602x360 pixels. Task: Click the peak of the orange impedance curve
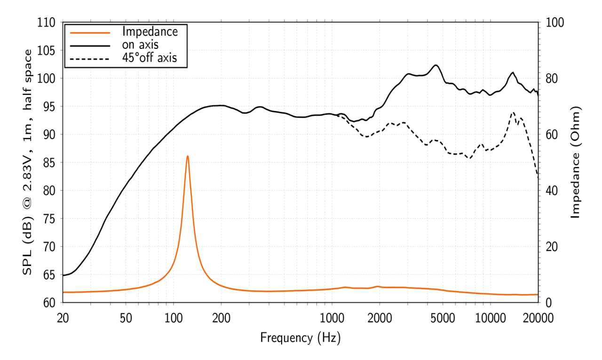[x=188, y=156]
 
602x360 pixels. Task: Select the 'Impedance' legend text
[x=150, y=32]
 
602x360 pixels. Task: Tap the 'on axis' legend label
[x=140, y=45]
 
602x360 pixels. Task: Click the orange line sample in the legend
[x=90, y=32]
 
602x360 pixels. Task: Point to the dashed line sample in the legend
[x=90, y=59]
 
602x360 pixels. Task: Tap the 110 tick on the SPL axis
[x=49, y=23]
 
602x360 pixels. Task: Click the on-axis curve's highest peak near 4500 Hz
[x=436, y=65]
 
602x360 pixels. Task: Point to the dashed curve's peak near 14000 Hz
[x=513, y=112]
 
